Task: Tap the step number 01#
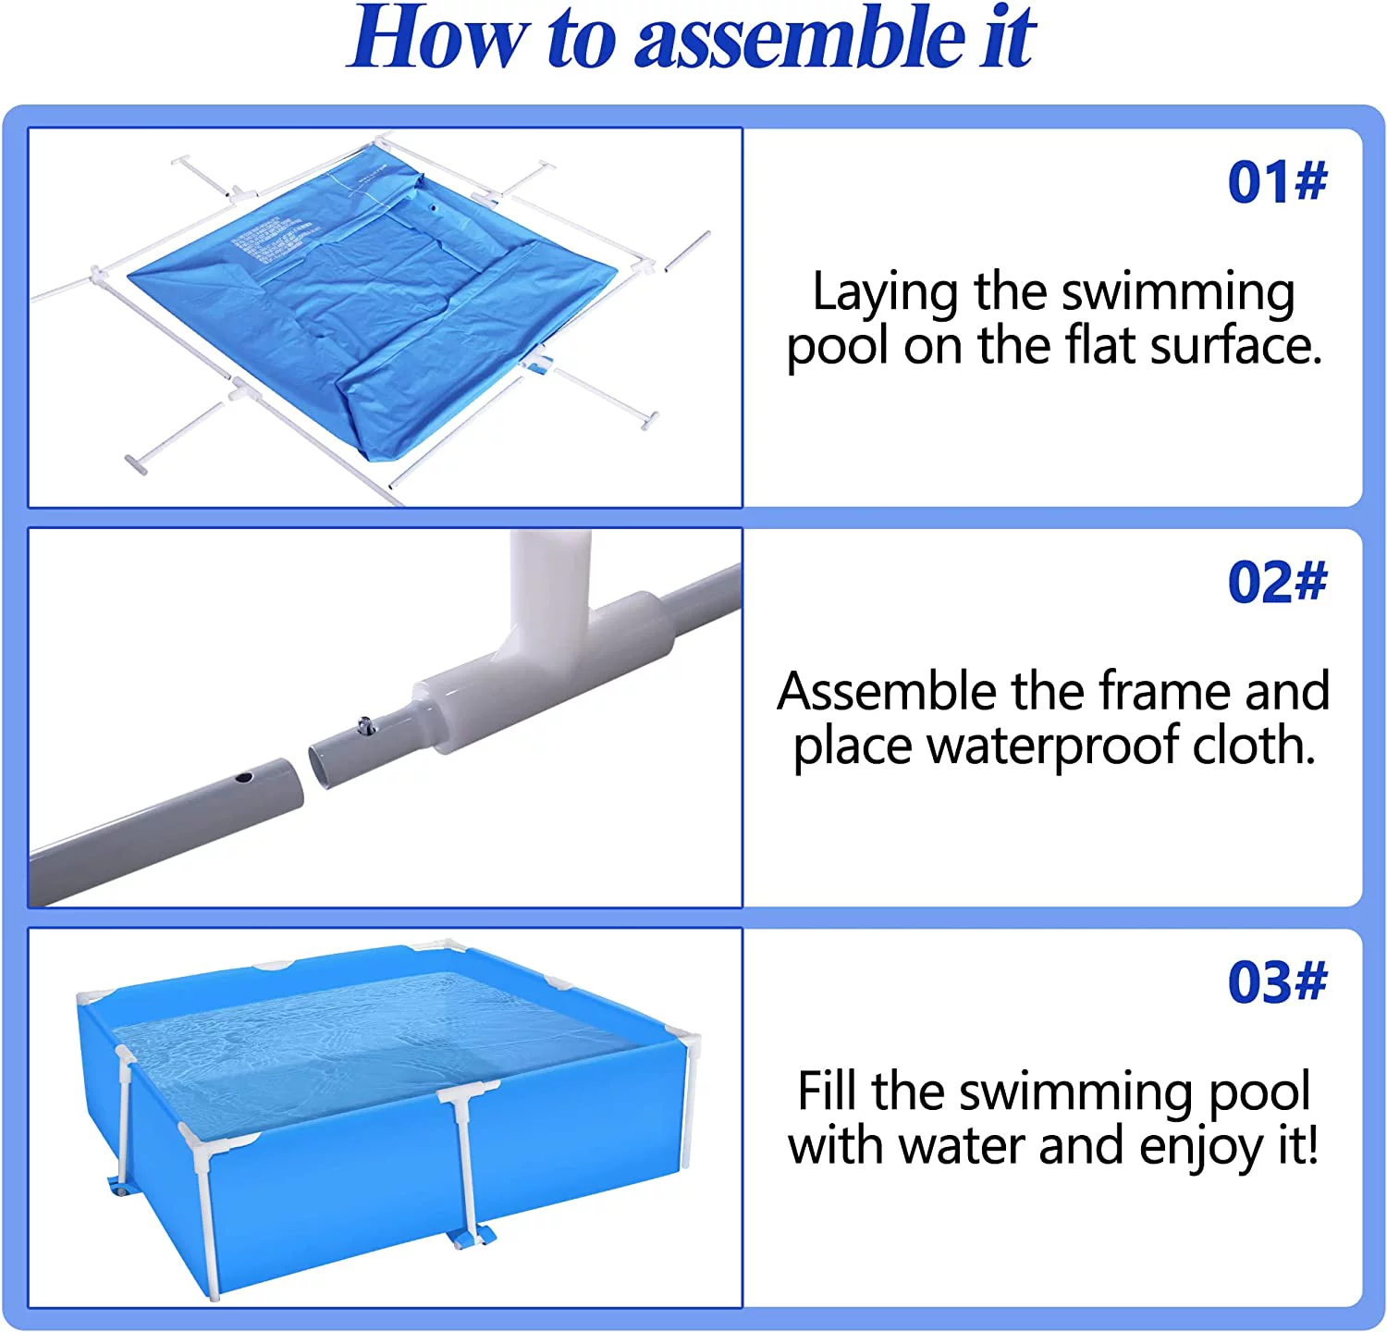coord(1277,181)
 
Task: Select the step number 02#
coord(1277,582)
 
